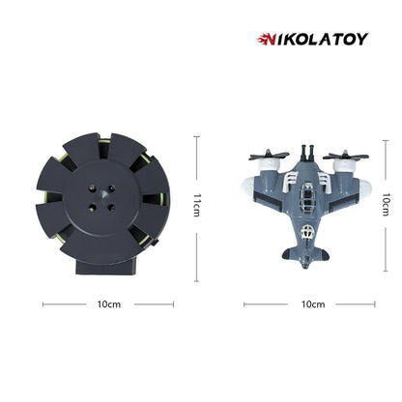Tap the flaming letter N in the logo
click(x=265, y=39)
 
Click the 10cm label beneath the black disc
click(x=108, y=304)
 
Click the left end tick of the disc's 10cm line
click(x=43, y=304)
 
